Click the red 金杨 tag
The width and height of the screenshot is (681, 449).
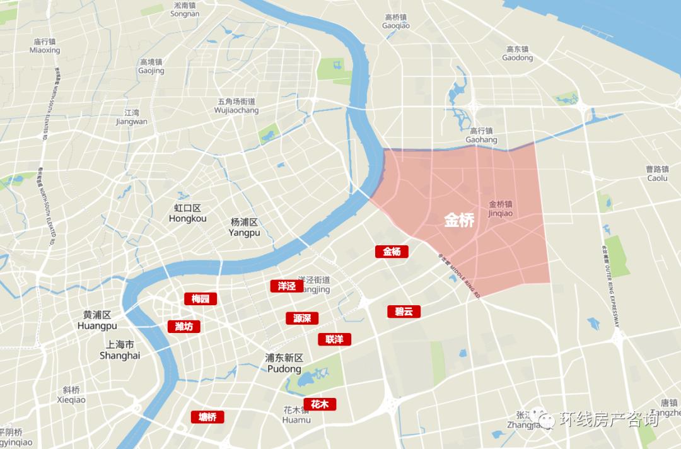392,252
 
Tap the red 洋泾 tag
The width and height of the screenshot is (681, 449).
286,286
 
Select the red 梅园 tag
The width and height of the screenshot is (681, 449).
201,299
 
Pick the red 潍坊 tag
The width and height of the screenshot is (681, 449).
183,326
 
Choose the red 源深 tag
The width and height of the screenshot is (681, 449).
301,318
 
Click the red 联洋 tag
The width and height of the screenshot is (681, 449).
334,339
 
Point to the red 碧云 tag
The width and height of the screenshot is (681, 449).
404,312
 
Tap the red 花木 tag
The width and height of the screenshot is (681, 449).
320,404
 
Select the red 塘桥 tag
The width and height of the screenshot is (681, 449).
207,417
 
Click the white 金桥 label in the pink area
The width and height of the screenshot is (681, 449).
459,220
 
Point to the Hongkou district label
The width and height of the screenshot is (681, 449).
187,213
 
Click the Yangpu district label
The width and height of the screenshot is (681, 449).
245,227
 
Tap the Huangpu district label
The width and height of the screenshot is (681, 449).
97,320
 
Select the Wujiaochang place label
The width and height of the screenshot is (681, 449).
236,106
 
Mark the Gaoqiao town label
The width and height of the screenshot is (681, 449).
396,21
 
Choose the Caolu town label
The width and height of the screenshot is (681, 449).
657,173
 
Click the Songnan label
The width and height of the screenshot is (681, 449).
185,9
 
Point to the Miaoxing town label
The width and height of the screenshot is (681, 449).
45,45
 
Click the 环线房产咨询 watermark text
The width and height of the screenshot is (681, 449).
608,419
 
